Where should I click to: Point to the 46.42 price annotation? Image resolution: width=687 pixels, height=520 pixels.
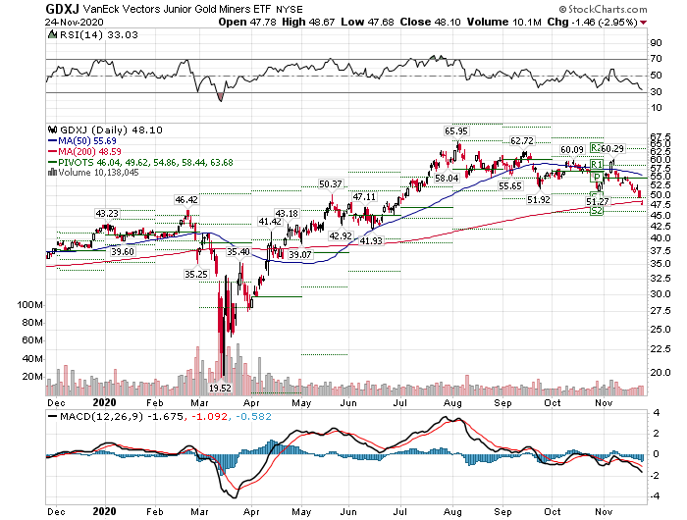pyautogui.click(x=186, y=200)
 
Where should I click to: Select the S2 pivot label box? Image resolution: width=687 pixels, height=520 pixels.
pyautogui.click(x=596, y=212)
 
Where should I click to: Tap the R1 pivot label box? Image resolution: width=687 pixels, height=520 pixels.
pyautogui.click(x=596, y=165)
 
